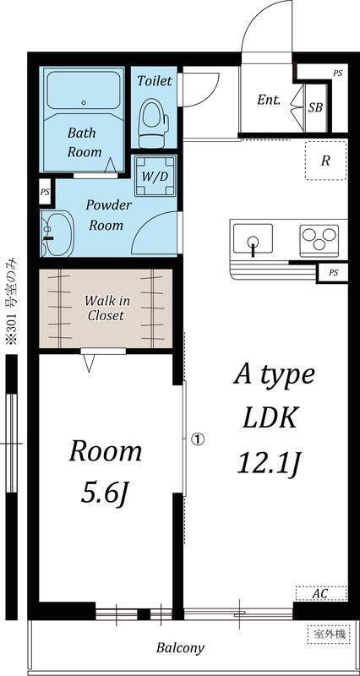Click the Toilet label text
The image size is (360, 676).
pos(155,81)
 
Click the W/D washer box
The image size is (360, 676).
pos(155,177)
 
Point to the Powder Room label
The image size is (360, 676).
pos(107,215)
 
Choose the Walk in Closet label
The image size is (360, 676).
pos(106,308)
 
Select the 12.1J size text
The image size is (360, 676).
pos(268,462)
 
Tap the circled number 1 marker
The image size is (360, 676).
pos(198,439)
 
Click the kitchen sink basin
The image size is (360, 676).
pos(252,239)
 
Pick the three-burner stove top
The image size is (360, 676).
pos(318,239)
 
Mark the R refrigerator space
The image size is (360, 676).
pos(325,161)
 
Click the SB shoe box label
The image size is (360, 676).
pos(314,107)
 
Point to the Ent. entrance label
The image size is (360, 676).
pos(269,100)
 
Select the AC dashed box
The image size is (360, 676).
pos(319,593)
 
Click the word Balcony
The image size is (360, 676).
pos(180,648)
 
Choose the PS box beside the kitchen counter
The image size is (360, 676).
pos(333,272)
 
